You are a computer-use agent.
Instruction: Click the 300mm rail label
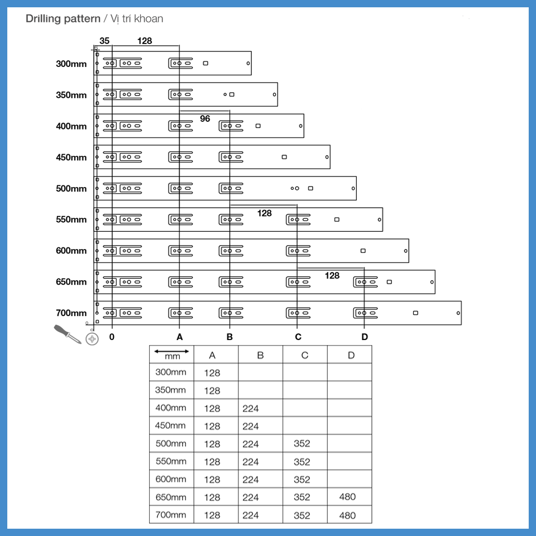tap(71, 64)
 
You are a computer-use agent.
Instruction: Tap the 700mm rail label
tap(71, 313)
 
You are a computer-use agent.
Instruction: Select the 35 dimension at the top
tap(104, 41)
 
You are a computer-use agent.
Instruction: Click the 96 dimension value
tap(205, 118)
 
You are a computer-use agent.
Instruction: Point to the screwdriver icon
tap(68, 334)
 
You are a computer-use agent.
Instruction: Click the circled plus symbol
tap(92, 339)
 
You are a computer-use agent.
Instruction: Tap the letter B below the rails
tap(229, 337)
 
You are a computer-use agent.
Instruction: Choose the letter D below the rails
tap(365, 337)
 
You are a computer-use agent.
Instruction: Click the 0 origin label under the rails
tap(112, 337)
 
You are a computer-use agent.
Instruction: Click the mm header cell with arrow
tap(171, 355)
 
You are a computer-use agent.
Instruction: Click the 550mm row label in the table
tap(171, 462)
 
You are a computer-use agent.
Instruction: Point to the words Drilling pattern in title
tap(63, 18)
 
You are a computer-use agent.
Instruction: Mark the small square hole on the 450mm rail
tap(284, 157)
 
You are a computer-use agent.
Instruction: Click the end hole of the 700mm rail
tap(458, 313)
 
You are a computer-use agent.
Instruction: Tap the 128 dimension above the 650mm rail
tap(332, 275)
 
